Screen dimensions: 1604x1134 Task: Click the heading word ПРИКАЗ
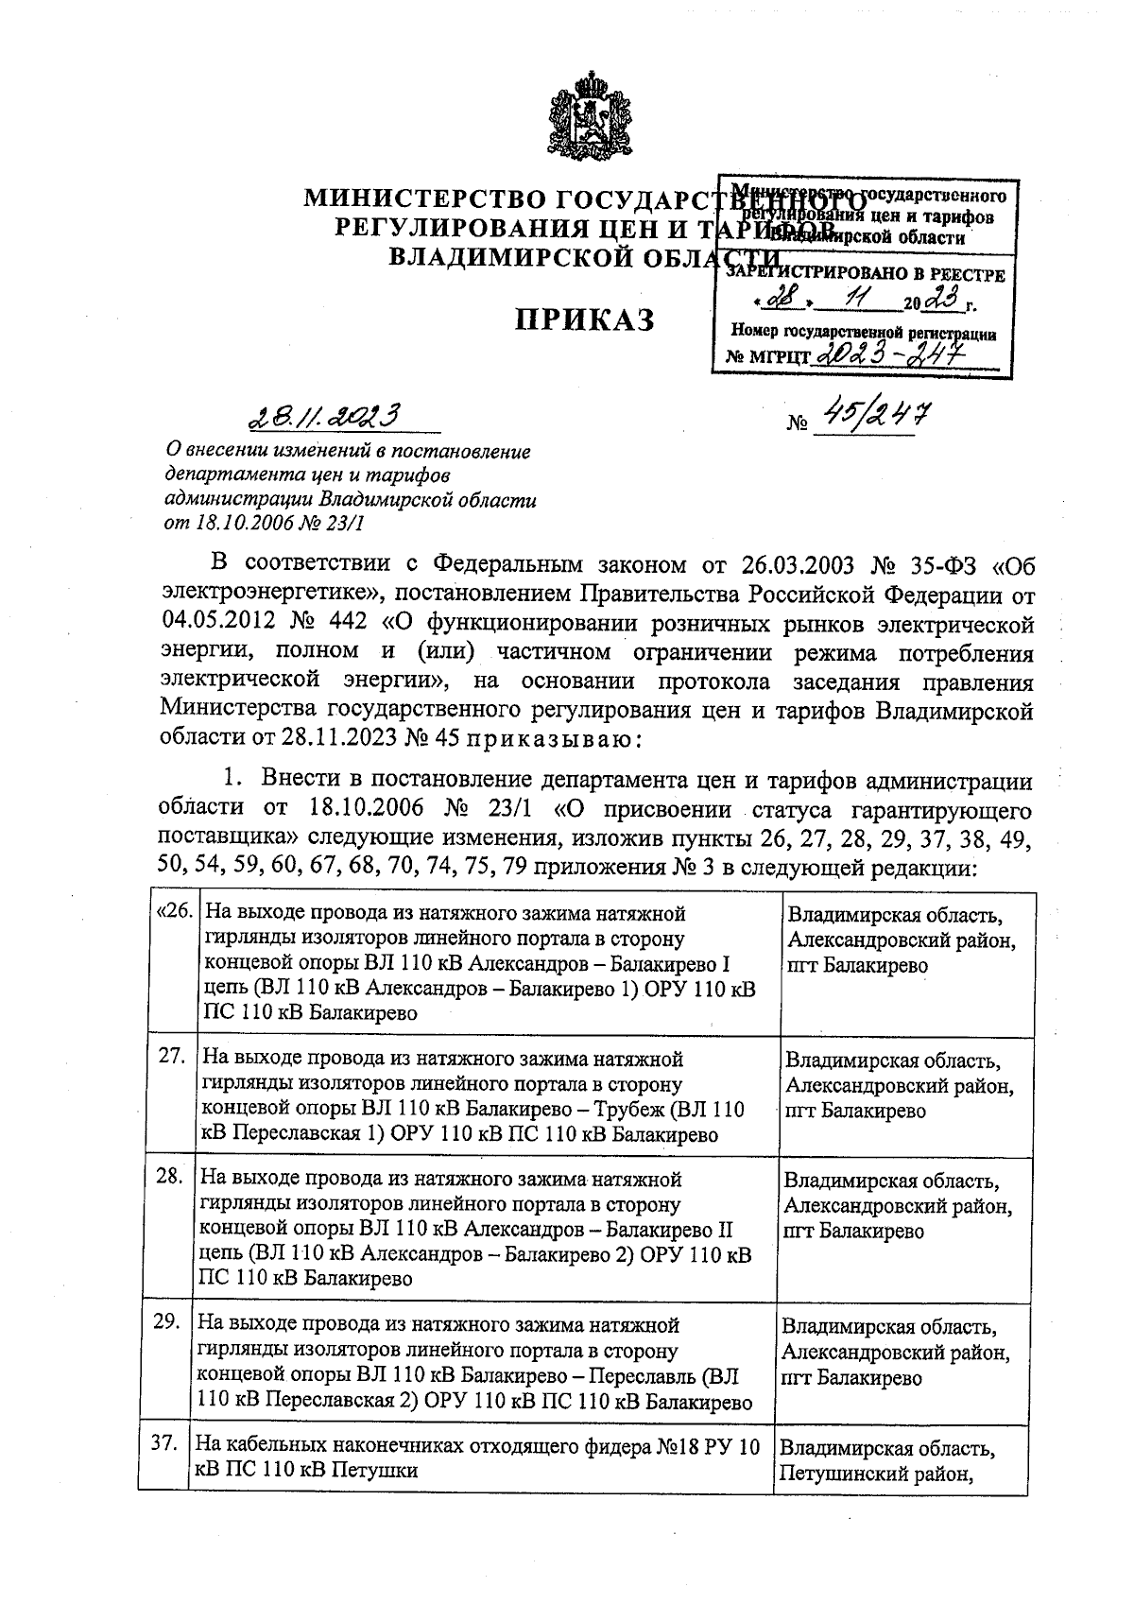click(x=584, y=320)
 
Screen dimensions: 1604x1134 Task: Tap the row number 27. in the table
click(x=171, y=1056)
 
